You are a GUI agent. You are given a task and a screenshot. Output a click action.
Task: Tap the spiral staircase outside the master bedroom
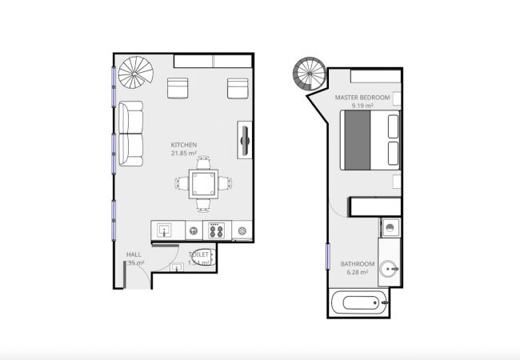[309, 75]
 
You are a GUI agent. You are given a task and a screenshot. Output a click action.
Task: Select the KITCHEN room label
[184, 145]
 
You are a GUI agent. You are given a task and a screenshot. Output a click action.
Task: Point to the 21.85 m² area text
[184, 153]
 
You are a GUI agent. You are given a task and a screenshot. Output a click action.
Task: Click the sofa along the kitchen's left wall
[131, 134]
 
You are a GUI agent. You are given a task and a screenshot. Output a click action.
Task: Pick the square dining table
[203, 183]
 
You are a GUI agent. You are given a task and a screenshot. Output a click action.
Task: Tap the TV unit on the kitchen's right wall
[245, 141]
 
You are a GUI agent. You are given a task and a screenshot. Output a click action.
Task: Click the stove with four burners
[215, 230]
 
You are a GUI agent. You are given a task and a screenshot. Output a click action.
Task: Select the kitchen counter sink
[166, 230]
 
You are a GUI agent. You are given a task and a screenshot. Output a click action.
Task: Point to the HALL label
[132, 254]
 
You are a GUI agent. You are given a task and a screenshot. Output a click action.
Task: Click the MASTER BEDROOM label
[362, 98]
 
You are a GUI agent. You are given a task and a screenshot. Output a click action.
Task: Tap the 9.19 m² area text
[363, 105]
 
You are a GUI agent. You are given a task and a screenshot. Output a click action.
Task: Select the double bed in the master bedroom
[370, 139]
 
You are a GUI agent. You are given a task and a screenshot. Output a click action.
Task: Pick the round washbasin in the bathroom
[390, 269]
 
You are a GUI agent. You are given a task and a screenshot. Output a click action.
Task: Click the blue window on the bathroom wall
[328, 258]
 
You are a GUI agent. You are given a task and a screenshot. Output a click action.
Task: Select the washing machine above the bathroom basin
[390, 227]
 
